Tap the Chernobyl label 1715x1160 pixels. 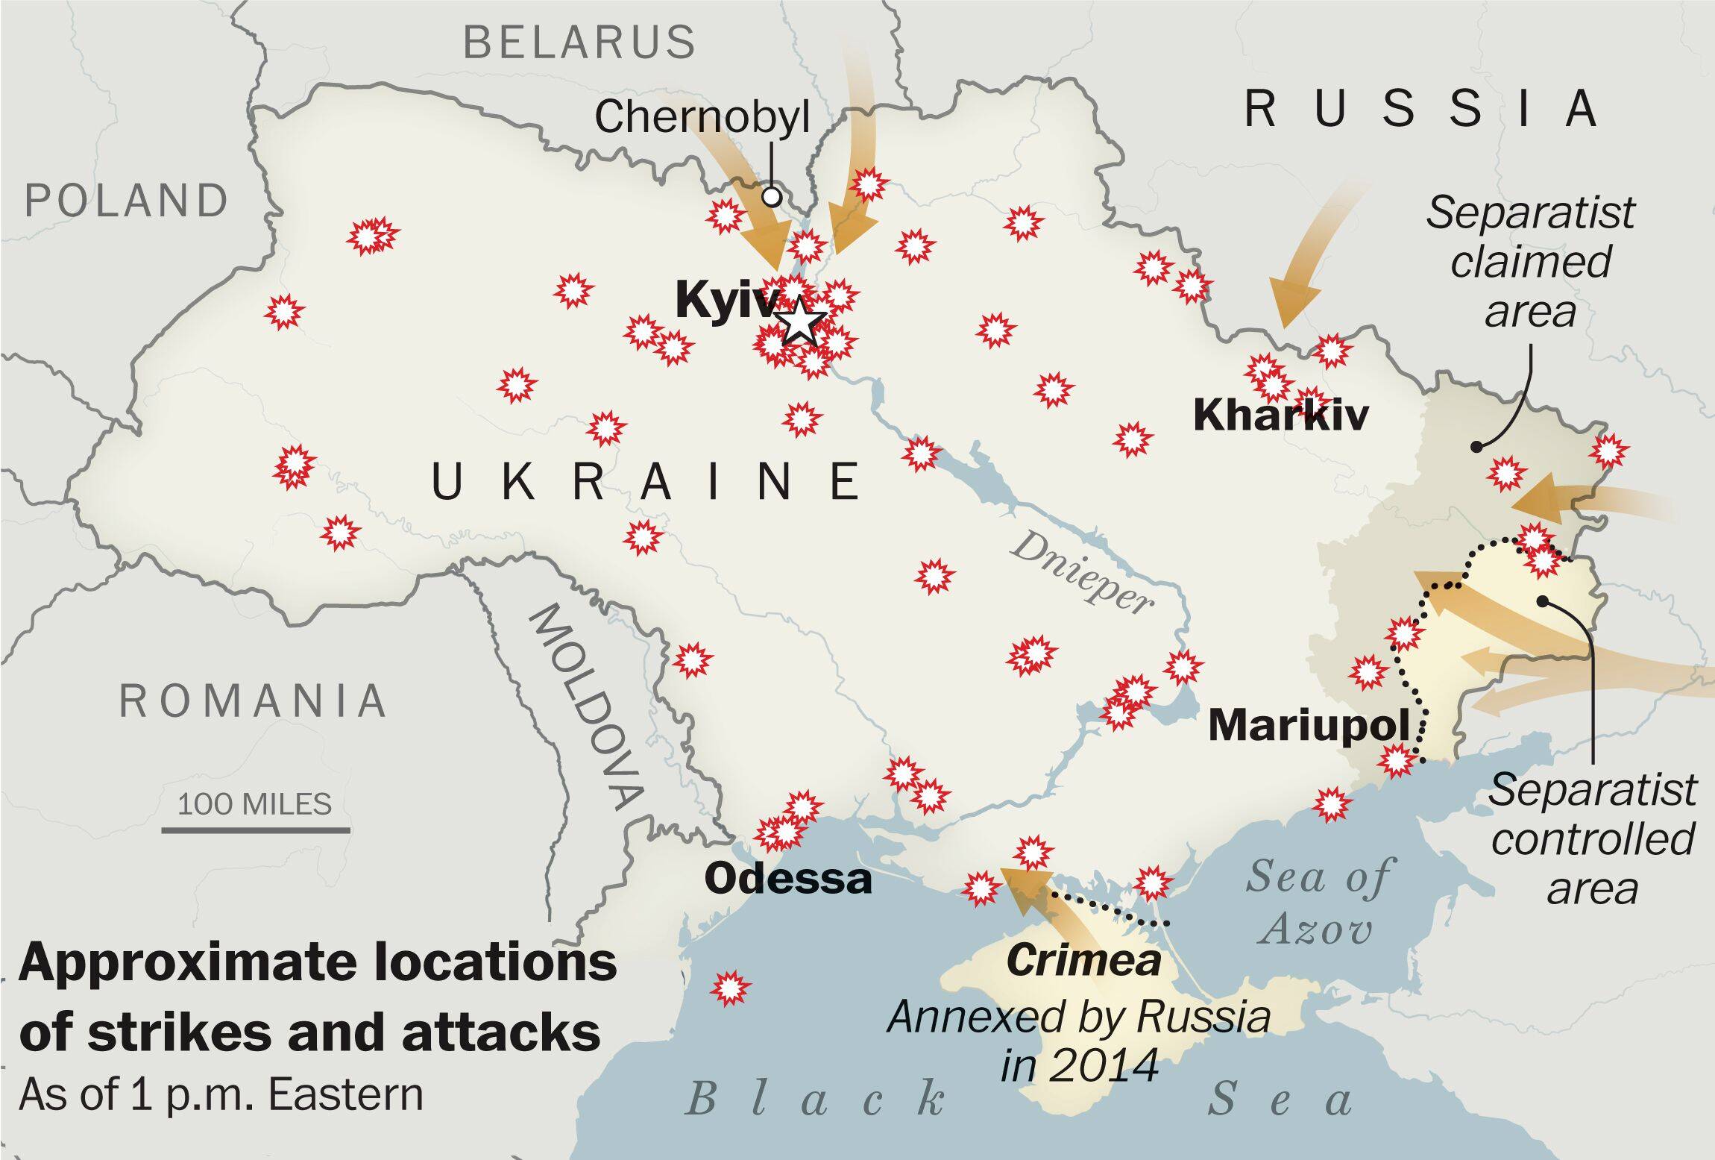701,117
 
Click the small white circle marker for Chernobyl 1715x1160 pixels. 772,196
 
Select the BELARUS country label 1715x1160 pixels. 579,42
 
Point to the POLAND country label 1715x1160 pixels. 126,201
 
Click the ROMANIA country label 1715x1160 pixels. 254,701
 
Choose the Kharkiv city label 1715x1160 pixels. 1280,415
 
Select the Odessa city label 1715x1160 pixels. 787,879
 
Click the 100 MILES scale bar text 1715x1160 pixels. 254,804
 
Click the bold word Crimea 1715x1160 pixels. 1083,961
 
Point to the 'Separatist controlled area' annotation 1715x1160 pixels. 1593,839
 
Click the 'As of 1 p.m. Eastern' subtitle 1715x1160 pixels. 221,1095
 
